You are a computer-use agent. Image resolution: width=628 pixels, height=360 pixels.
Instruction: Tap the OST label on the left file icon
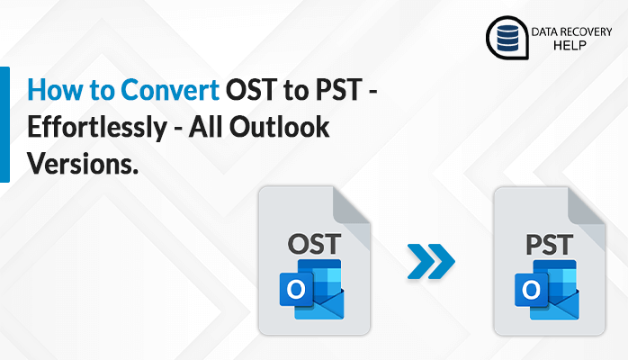coord(314,242)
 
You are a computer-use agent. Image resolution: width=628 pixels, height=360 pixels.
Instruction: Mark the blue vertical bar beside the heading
coord(4,123)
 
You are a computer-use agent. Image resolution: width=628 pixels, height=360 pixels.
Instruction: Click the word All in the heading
coord(209,129)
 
